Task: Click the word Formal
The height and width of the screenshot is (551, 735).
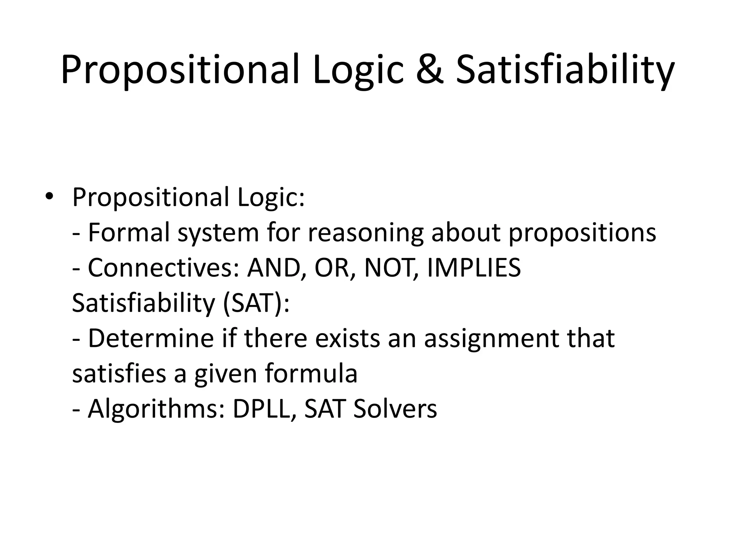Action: [x=128, y=232]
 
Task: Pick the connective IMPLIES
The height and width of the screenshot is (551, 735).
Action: [x=474, y=268]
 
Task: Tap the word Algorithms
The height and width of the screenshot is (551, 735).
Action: [x=156, y=409]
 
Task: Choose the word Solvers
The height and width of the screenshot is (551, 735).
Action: [x=395, y=409]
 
